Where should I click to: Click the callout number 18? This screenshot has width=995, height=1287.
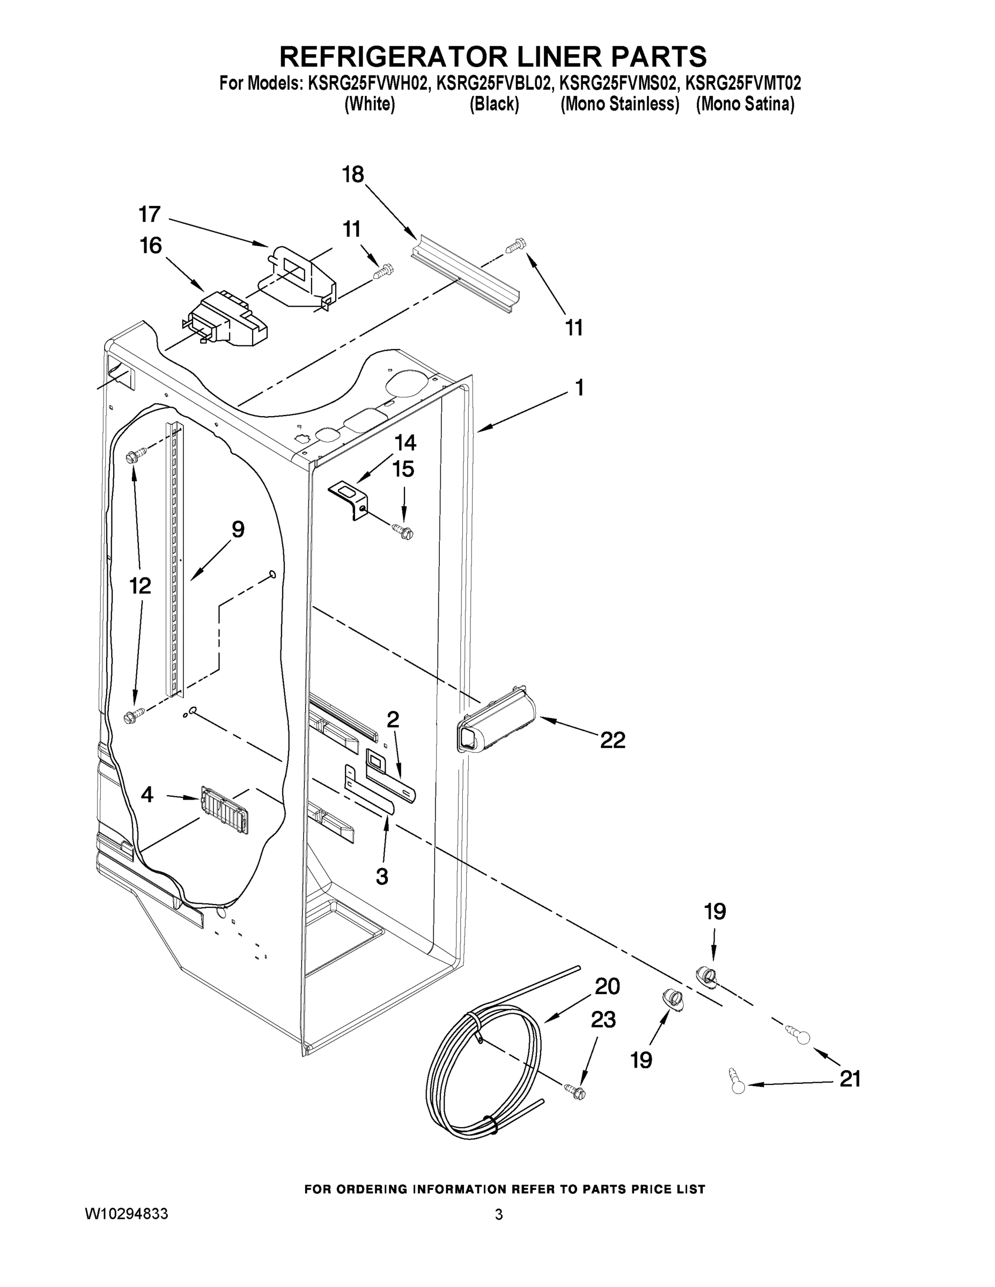point(353,174)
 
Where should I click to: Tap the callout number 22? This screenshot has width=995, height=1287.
point(613,740)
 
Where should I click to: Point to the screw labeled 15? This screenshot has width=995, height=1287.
point(404,531)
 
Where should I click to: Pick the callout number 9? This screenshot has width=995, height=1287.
point(238,530)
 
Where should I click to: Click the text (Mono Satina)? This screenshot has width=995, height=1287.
point(745,105)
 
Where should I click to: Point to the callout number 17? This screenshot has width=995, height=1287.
point(149,214)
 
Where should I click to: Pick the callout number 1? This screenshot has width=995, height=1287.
point(579,388)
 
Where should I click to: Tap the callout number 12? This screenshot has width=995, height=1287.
point(141,585)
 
